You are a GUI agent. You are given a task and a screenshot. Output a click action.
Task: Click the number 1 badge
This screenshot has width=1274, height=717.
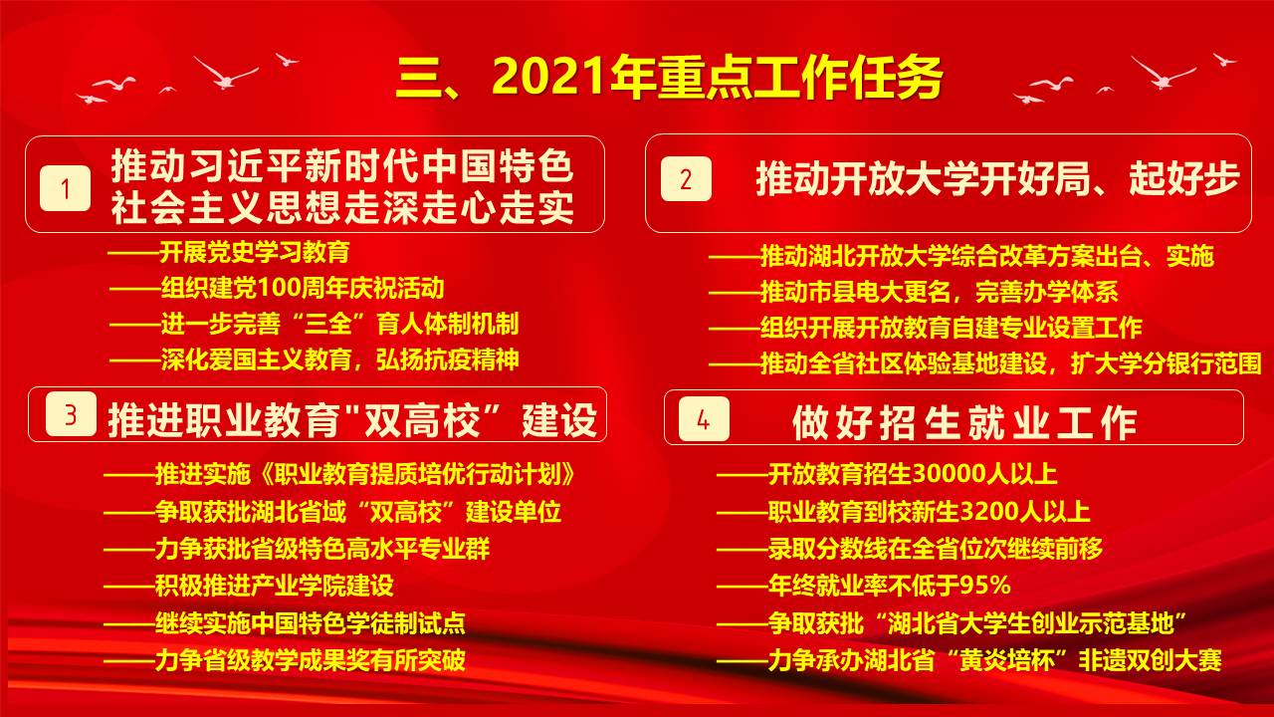tap(66, 188)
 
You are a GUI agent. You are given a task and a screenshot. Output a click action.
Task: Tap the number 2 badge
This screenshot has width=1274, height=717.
tap(686, 178)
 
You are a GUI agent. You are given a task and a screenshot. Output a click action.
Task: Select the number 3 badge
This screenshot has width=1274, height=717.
tap(71, 414)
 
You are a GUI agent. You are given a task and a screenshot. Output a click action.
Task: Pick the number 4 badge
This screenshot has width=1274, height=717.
tap(704, 419)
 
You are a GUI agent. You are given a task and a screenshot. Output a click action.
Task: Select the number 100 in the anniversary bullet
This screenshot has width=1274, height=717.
tap(278, 289)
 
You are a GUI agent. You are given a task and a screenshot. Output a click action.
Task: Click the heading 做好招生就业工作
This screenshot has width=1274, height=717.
tap(963, 423)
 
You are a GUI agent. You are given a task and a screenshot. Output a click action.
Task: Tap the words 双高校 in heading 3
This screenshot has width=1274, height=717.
tap(422, 420)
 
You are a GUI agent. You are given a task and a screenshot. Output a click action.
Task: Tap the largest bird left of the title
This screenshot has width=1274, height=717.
tap(225, 73)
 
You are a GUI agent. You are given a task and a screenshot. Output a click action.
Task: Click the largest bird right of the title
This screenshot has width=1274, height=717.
tap(1164, 73)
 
